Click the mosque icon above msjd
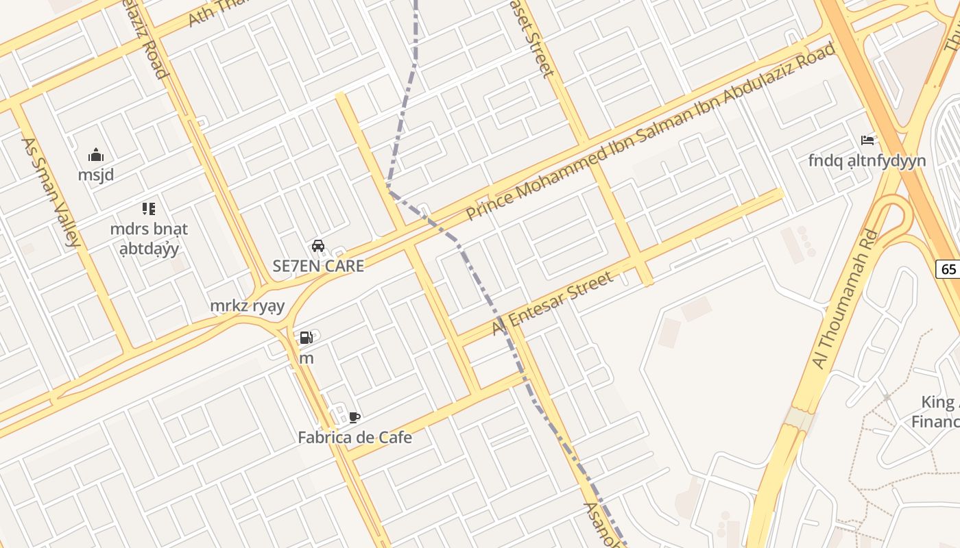click(96, 155)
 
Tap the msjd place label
click(96, 175)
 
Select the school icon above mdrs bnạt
click(148, 208)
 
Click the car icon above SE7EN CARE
click(318, 246)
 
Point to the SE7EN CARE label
click(318, 266)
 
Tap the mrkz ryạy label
click(247, 306)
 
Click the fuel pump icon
click(306, 338)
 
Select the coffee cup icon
click(354, 417)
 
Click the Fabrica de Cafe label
click(355, 437)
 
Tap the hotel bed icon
click(867, 140)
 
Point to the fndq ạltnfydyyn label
click(867, 161)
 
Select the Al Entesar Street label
click(552, 303)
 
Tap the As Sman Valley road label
click(51, 192)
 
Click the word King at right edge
click(937, 401)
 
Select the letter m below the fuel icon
click(307, 358)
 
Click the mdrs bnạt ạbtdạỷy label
click(149, 238)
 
